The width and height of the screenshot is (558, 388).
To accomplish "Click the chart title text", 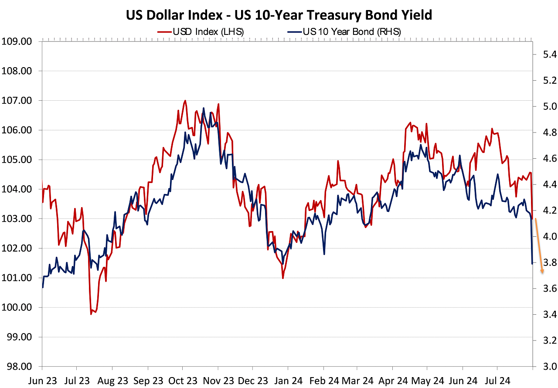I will (x=279, y=15).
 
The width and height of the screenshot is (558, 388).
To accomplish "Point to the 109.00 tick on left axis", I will (x=18, y=41).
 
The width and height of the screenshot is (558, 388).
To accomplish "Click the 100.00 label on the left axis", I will (x=18, y=307).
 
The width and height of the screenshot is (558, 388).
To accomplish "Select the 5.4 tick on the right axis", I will (x=543, y=55).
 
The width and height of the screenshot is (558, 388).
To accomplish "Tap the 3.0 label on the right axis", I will (x=543, y=366).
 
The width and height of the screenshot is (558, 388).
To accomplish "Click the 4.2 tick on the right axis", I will (x=543, y=211).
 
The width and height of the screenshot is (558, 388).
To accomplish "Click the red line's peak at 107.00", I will (x=185, y=101).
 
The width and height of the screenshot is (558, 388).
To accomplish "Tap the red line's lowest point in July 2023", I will (x=91, y=314).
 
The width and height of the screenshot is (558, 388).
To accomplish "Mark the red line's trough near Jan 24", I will (x=283, y=278).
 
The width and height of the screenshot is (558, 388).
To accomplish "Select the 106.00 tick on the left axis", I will (x=18, y=130).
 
